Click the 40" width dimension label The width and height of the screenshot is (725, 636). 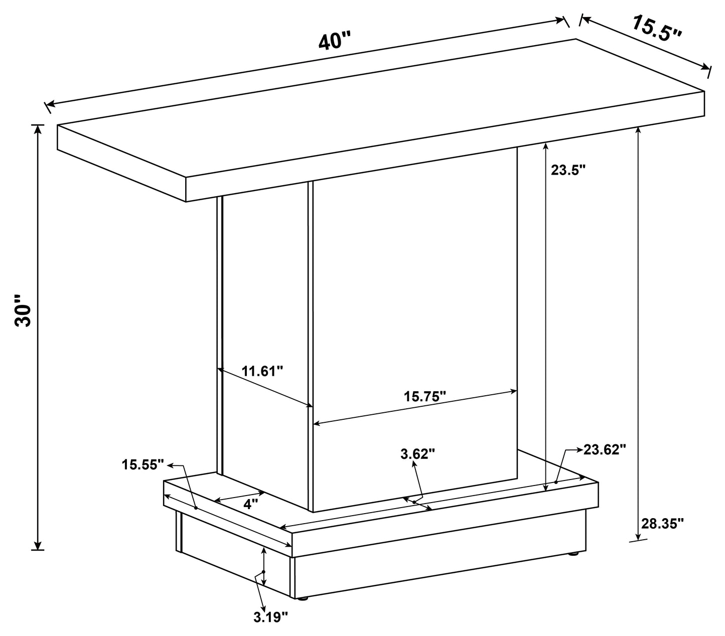tap(335, 40)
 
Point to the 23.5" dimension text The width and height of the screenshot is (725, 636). tap(568, 170)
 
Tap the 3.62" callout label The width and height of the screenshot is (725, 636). tap(417, 454)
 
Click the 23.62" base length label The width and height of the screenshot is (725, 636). tap(605, 449)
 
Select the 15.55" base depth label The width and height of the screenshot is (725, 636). tap(143, 464)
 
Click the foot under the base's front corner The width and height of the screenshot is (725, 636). tap(302, 598)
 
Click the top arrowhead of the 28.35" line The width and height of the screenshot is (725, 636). tap(638, 129)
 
